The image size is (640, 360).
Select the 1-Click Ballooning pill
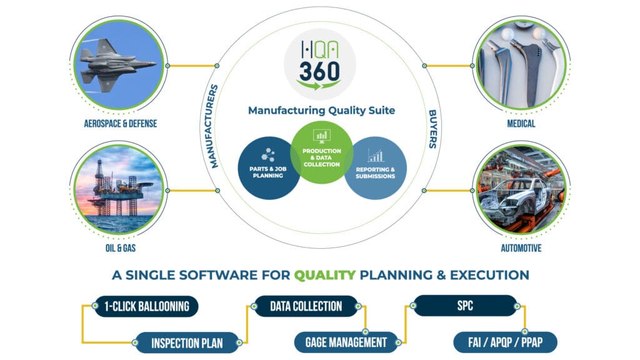click(x=146, y=306)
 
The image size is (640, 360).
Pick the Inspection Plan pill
click(x=187, y=342)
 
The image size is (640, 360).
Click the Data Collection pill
click(x=306, y=306)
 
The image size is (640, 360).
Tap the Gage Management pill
click(x=346, y=342)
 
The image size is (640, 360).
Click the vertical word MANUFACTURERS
click(x=214, y=126)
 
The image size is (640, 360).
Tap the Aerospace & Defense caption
click(x=121, y=124)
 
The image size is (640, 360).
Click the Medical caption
click(x=521, y=124)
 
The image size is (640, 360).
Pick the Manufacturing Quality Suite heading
click(x=321, y=111)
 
